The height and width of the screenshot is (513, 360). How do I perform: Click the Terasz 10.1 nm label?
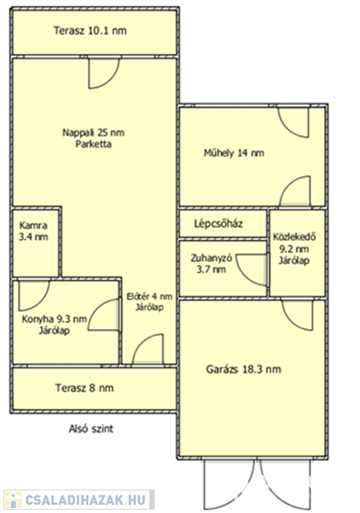90,31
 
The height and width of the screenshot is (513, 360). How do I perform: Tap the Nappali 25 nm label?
94,132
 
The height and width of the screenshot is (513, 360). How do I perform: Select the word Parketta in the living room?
94,144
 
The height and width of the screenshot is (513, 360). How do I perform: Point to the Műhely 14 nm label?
234,153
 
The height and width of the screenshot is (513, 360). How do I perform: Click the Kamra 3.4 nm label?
33,231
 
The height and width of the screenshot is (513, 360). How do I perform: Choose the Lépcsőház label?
218,224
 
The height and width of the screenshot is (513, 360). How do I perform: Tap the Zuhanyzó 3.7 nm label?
212,264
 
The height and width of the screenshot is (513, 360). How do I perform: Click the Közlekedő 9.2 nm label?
295,248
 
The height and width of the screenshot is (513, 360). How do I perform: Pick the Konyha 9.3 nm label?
54,325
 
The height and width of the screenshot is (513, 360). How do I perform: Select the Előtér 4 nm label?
150,302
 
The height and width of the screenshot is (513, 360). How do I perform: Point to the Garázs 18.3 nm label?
244,369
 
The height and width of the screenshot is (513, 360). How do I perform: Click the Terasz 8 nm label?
84,388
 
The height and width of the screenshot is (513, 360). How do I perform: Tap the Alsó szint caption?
91,429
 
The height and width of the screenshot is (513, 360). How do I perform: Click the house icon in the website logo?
13,500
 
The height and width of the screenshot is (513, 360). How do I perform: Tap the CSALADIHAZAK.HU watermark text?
85,500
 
